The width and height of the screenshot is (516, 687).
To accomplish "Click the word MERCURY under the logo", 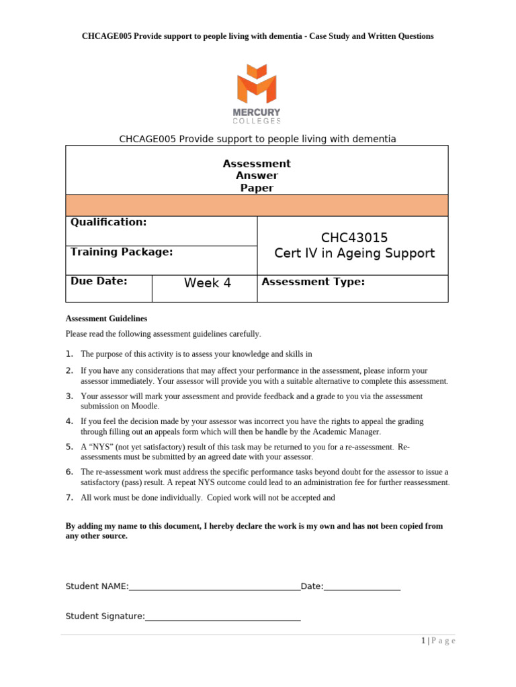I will (x=257, y=112).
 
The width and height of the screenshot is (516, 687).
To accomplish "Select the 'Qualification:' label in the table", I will (x=108, y=222).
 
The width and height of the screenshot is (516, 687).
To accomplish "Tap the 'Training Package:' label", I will (x=122, y=252).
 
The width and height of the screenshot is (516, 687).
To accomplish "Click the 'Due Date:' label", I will (x=99, y=281).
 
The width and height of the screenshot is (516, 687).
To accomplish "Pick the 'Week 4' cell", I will (x=208, y=283).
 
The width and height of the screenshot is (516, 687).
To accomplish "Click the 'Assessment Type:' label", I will (x=313, y=282).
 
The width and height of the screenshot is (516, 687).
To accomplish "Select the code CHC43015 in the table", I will (x=354, y=237).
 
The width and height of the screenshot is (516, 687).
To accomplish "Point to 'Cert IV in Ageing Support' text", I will (x=354, y=254).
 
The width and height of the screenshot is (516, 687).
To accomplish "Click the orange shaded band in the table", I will (x=257, y=205).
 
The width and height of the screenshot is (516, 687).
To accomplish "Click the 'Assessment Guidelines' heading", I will (x=106, y=319).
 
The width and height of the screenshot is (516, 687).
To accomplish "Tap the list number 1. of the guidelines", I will (x=69, y=354).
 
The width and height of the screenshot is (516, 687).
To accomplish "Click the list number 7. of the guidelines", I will (x=69, y=497).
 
